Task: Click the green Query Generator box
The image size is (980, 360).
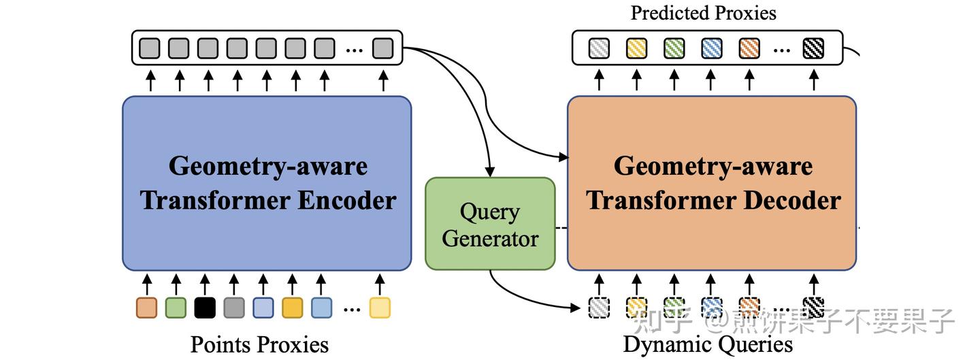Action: pyautogui.click(x=490, y=224)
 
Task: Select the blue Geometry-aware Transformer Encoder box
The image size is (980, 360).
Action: pyautogui.click(x=267, y=183)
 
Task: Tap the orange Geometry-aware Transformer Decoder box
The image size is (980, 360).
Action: pyautogui.click(x=712, y=183)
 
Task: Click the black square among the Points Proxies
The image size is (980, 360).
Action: pyautogui.click(x=205, y=308)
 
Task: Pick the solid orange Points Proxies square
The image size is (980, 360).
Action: pyautogui.click(x=146, y=308)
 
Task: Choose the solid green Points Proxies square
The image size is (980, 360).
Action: pyautogui.click(x=176, y=308)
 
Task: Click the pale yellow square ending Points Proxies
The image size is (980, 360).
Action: pyautogui.click(x=380, y=308)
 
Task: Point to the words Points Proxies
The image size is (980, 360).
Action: pyautogui.click(x=259, y=344)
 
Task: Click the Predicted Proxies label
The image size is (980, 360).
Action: pyautogui.click(x=703, y=12)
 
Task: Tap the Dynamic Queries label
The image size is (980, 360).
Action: pyautogui.click(x=708, y=344)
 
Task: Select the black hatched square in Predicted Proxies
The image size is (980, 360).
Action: pyautogui.click(x=813, y=48)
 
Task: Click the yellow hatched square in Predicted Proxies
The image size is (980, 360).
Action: pyautogui.click(x=636, y=48)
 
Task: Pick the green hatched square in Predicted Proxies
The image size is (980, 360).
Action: pyautogui.click(x=674, y=48)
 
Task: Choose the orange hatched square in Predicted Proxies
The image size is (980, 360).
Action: pyautogui.click(x=749, y=48)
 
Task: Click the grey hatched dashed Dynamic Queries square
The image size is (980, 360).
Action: pyautogui.click(x=599, y=308)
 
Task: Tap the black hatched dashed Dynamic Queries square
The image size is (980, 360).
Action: pyautogui.click(x=813, y=308)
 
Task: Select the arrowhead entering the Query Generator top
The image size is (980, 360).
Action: pyautogui.click(x=489, y=170)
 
